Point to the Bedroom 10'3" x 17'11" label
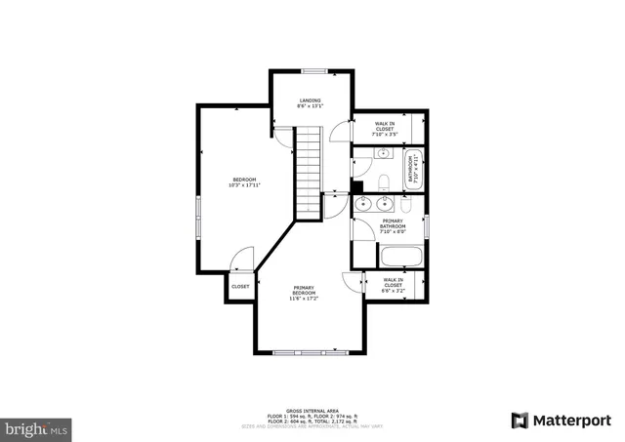244,181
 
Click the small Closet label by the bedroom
240,286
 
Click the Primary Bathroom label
394,225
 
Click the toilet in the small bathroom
385,181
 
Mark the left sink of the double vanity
363,205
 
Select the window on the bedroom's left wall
198,215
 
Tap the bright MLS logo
37,427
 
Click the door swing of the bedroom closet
241,261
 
